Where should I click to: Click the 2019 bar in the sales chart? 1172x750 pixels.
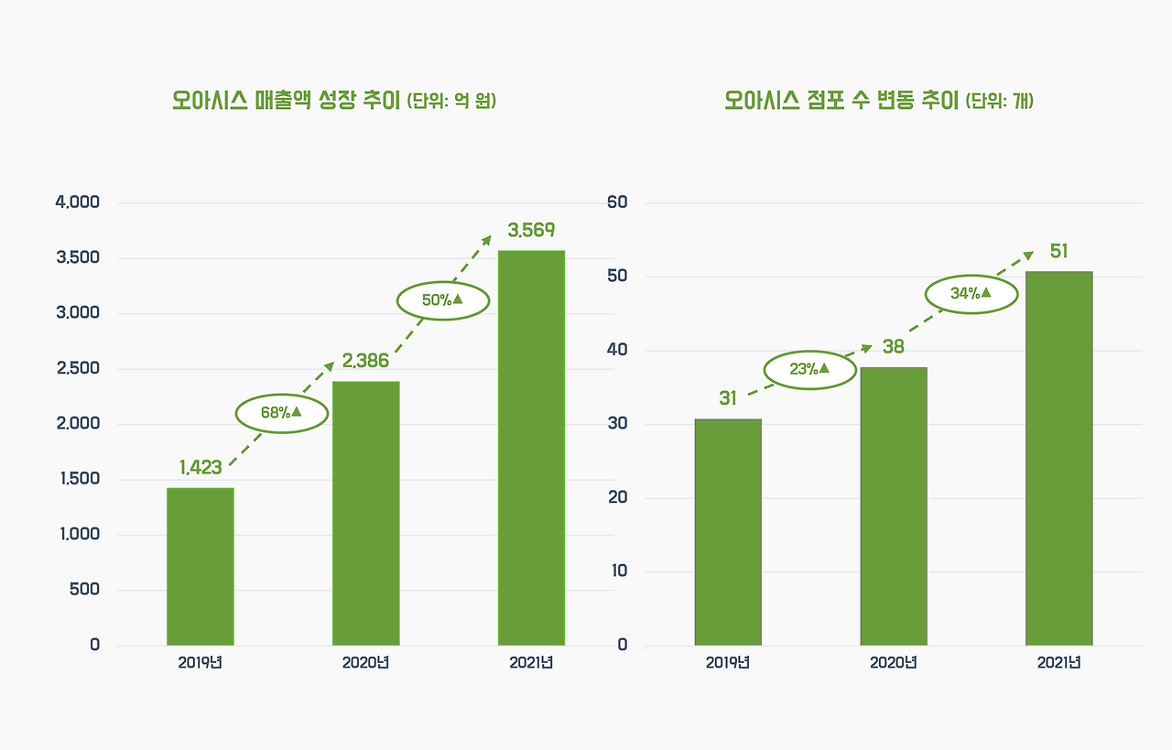201,566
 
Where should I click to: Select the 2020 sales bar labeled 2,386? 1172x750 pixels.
365,513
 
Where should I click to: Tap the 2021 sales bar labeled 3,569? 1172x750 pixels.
531,448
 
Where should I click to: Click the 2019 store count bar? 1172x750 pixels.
728,532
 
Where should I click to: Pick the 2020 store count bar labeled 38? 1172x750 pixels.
894,506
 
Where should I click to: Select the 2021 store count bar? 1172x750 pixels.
1059,458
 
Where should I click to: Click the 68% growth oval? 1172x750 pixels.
282,414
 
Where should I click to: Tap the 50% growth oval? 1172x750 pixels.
443,300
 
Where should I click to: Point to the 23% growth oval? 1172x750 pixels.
810,370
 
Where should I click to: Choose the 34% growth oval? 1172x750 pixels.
971,294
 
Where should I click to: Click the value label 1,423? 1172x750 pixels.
201,467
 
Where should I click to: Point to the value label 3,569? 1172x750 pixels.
531,230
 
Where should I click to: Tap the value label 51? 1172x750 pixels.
1058,251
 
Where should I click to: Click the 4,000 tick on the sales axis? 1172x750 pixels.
78,202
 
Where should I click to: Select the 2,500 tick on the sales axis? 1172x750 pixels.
78,368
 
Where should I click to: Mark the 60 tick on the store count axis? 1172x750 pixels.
617,202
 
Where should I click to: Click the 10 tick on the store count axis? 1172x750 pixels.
619,571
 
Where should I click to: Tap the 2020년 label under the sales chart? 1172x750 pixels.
365,663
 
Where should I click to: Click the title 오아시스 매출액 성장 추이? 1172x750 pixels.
287,100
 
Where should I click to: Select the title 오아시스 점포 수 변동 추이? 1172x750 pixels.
841,100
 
